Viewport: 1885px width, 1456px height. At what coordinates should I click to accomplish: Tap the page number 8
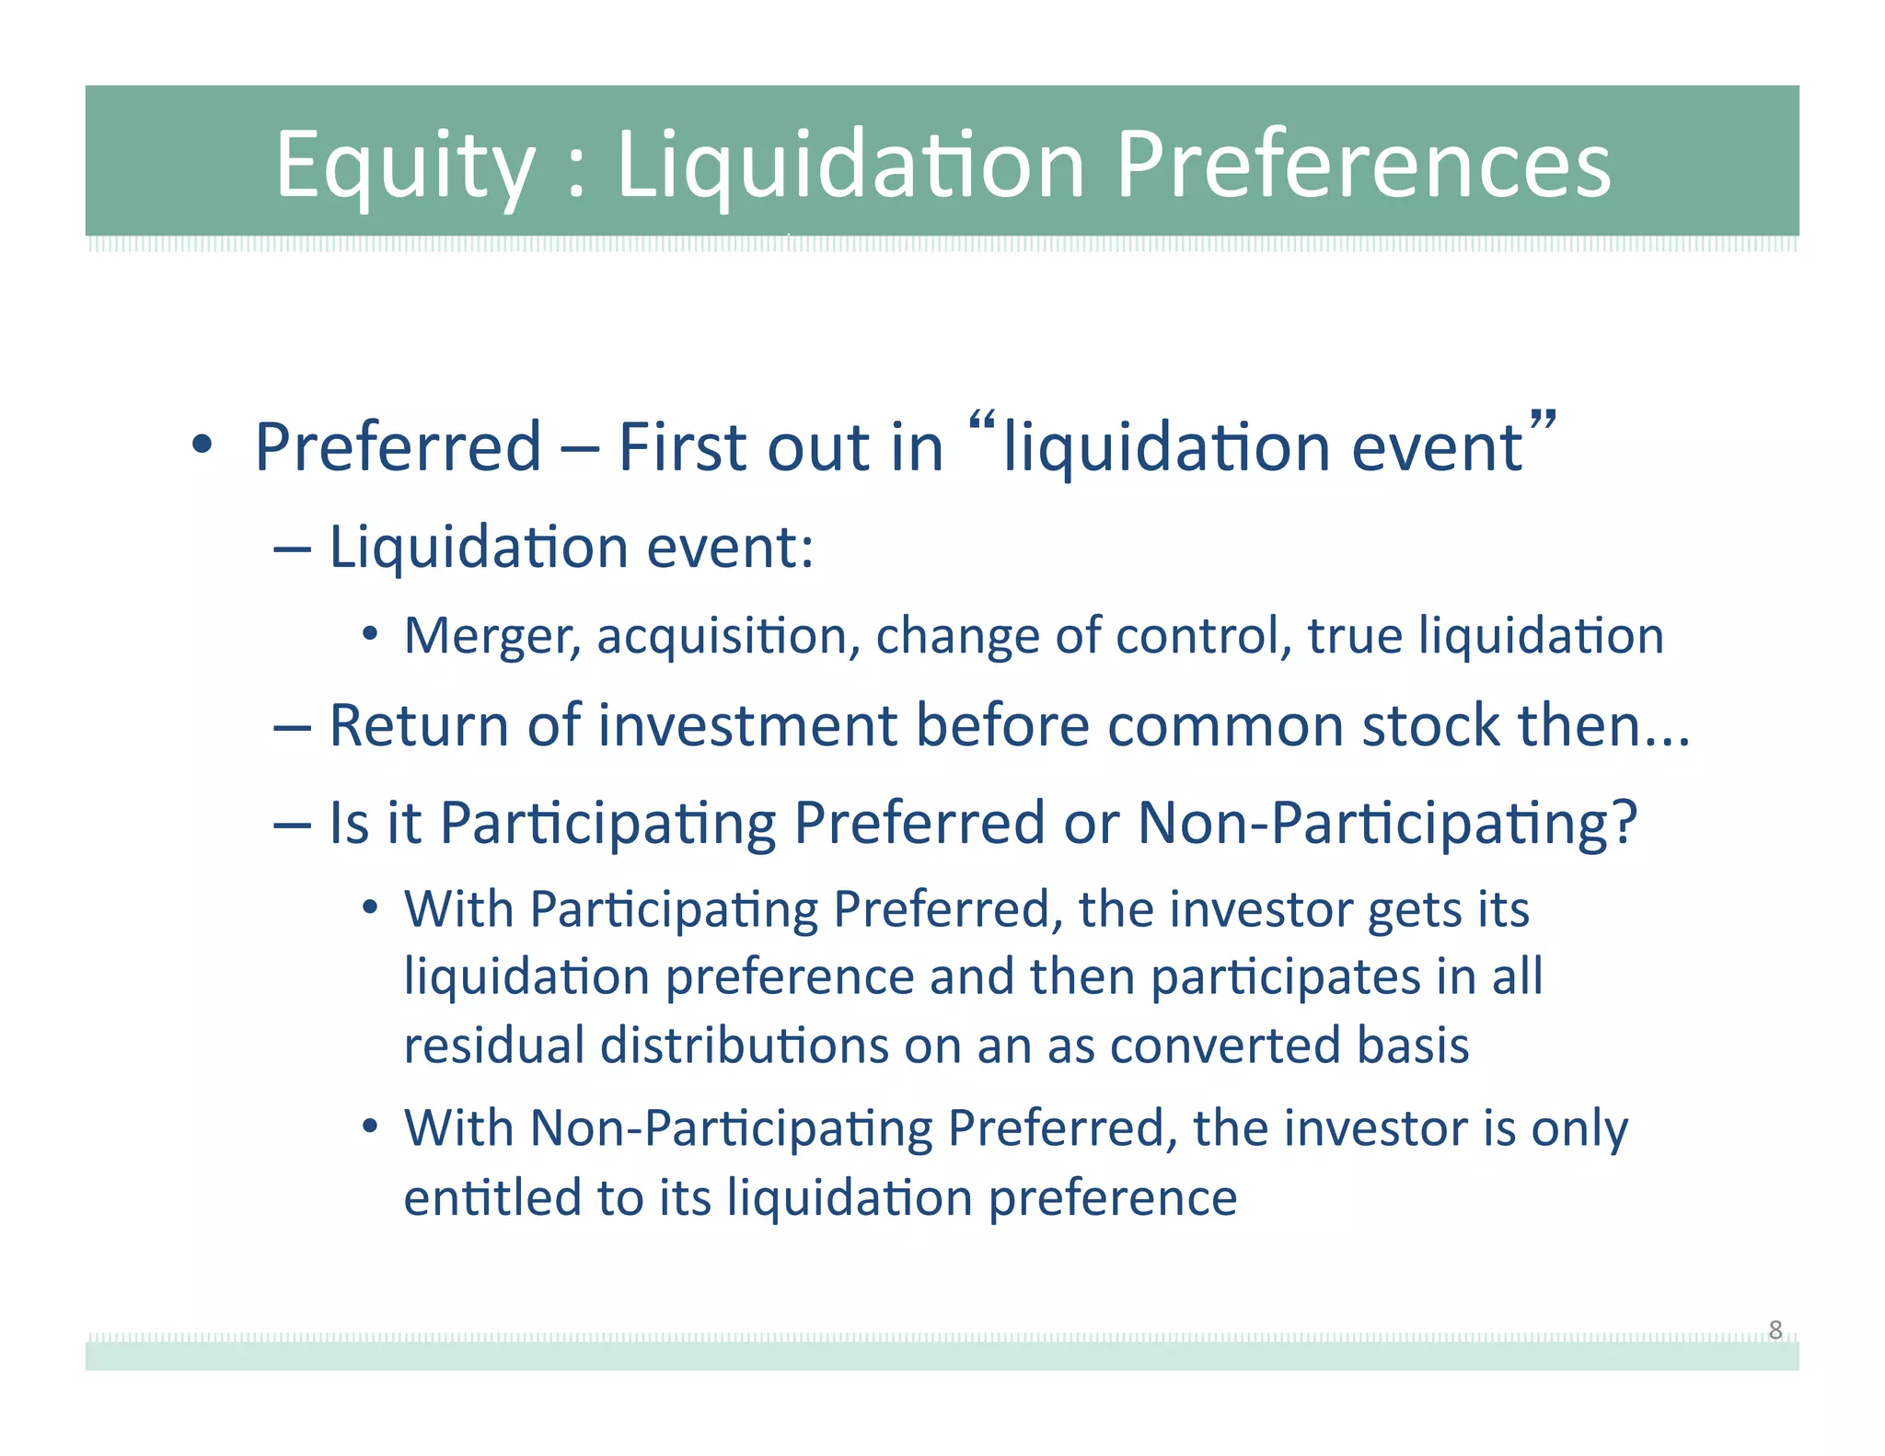pos(1775,1330)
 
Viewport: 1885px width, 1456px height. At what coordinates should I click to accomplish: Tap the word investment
pos(747,725)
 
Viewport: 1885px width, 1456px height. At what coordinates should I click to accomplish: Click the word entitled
pos(491,1198)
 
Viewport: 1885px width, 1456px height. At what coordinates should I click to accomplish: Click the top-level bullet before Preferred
pos(202,446)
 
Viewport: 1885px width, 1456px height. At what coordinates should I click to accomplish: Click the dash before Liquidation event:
pos(292,549)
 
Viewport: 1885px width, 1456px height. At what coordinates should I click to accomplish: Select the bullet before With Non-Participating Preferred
pos(370,1127)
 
